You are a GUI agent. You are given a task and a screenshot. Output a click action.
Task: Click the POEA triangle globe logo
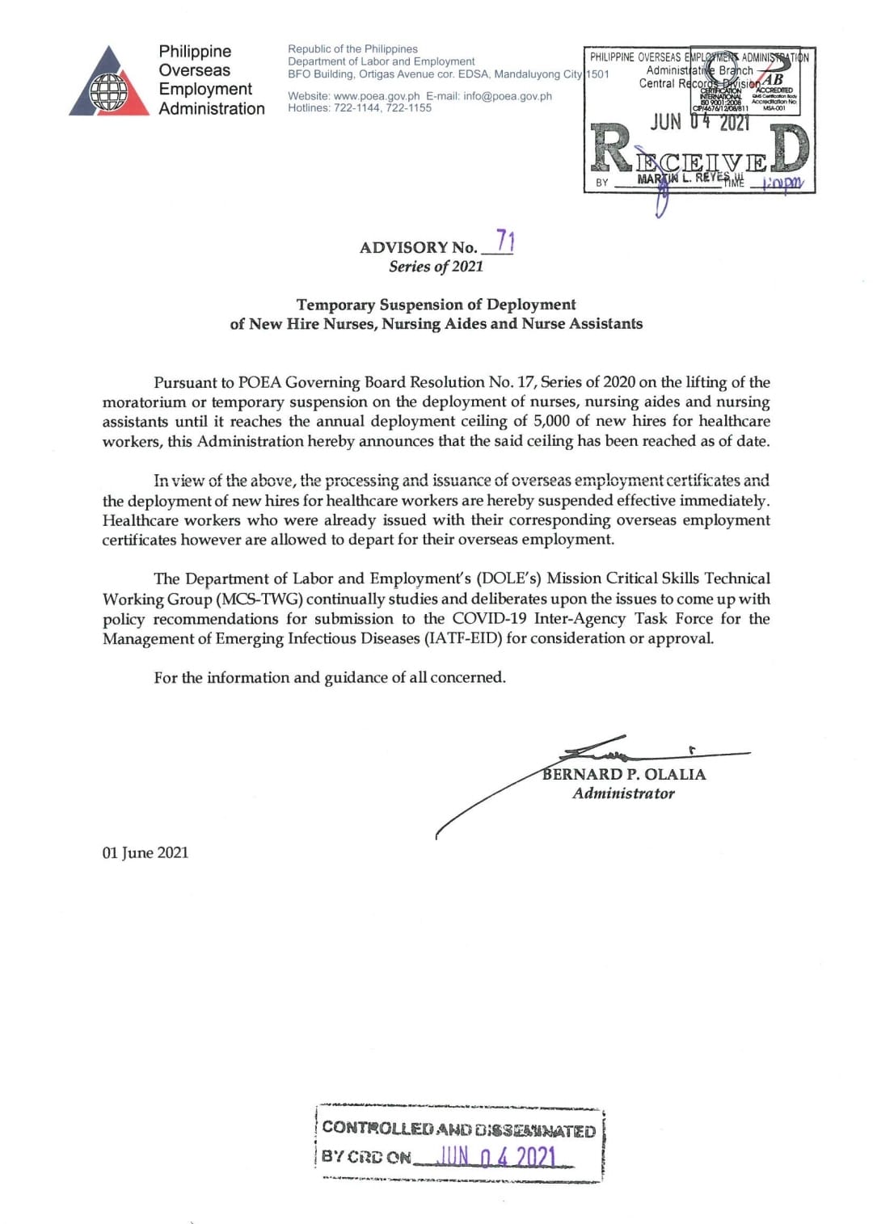click(109, 83)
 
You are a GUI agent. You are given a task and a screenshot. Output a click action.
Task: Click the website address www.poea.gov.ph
click(376, 96)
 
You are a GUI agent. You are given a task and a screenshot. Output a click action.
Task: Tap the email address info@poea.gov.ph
click(508, 96)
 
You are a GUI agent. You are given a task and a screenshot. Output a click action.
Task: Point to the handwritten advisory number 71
click(505, 241)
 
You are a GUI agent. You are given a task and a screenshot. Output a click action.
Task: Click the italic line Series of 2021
click(436, 267)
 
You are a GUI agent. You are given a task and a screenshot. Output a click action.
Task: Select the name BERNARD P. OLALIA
click(624, 774)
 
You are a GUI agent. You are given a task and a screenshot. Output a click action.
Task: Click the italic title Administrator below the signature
click(623, 793)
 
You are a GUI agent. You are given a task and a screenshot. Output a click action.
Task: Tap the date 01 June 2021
click(145, 852)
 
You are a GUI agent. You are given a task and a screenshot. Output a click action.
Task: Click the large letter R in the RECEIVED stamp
click(611, 148)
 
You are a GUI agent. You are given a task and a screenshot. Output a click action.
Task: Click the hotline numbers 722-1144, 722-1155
click(382, 107)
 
